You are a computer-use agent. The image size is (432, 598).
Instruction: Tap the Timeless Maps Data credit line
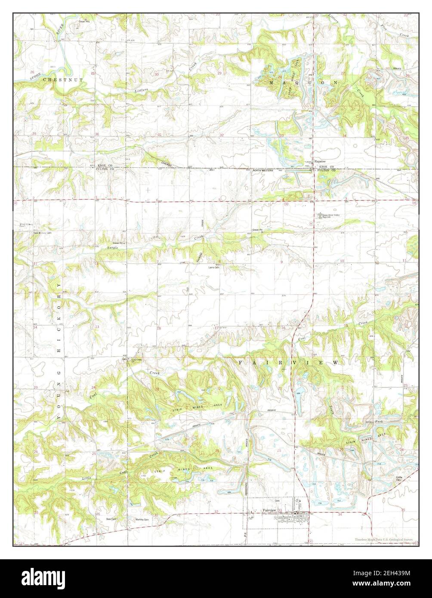click(x=384, y=539)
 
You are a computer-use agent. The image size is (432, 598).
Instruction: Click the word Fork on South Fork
click(x=379, y=421)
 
